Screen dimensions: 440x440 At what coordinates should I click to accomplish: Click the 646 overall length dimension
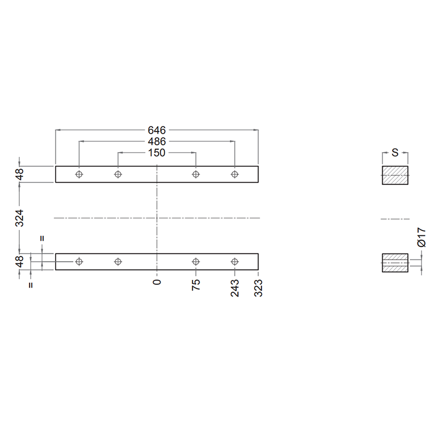pyautogui.click(x=157, y=130)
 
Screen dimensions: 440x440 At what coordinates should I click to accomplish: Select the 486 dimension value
pyautogui.click(x=157, y=141)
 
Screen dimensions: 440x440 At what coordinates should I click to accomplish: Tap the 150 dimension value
pyautogui.click(x=157, y=153)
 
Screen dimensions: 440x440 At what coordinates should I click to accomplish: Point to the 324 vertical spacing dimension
pyautogui.click(x=19, y=218)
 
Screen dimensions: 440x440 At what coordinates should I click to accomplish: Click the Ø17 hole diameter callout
pyautogui.click(x=421, y=237)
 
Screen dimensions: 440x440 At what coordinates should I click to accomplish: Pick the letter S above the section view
pyautogui.click(x=395, y=153)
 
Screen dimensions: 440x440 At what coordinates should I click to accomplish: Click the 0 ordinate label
pyautogui.click(x=157, y=282)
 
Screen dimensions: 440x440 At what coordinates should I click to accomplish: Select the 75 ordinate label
pyautogui.click(x=196, y=285)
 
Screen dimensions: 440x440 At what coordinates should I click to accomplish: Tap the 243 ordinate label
pyautogui.click(x=235, y=288)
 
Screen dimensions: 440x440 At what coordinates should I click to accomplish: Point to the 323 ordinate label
pyautogui.click(x=258, y=288)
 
